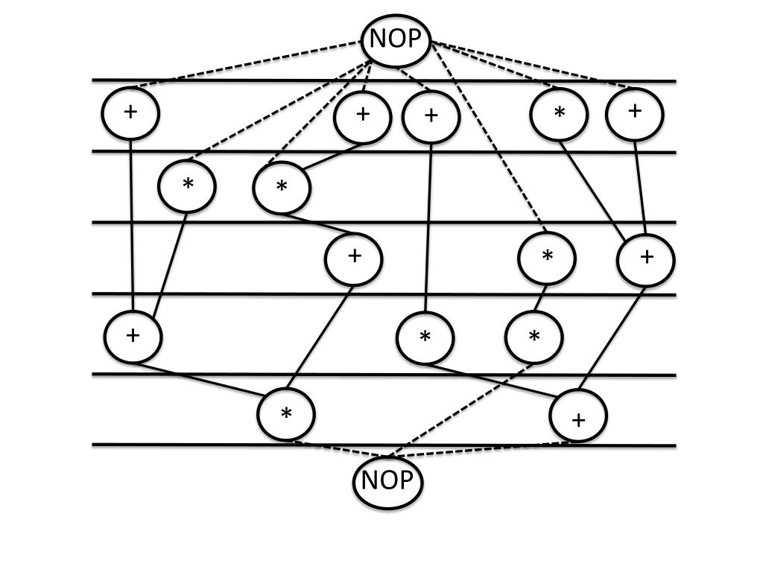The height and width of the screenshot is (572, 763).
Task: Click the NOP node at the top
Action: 396,39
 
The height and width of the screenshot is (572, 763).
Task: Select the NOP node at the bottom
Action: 387,481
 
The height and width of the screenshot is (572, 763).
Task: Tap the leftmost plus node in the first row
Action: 130,112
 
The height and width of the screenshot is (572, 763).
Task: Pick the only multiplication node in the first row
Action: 559,114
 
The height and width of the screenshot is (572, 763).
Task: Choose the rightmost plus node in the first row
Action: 635,112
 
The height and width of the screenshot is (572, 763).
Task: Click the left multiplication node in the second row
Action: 187,185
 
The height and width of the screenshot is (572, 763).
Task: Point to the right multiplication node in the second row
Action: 282,188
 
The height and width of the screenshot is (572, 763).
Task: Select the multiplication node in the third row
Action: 547,258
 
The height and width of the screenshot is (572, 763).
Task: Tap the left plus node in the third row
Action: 354,258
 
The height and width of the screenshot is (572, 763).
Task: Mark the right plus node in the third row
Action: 646,258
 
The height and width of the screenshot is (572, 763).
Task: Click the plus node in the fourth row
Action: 133,335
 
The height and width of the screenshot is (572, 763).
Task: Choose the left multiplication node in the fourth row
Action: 425,337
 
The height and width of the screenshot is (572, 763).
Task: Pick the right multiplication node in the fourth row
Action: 534,337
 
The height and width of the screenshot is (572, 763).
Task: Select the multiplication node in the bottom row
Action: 286,414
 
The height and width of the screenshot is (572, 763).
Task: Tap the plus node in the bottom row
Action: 578,416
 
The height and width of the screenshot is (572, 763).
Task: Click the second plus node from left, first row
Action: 363,115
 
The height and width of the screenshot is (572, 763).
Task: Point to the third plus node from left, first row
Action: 431,117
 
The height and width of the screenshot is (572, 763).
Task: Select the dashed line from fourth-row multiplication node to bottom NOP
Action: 462,409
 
